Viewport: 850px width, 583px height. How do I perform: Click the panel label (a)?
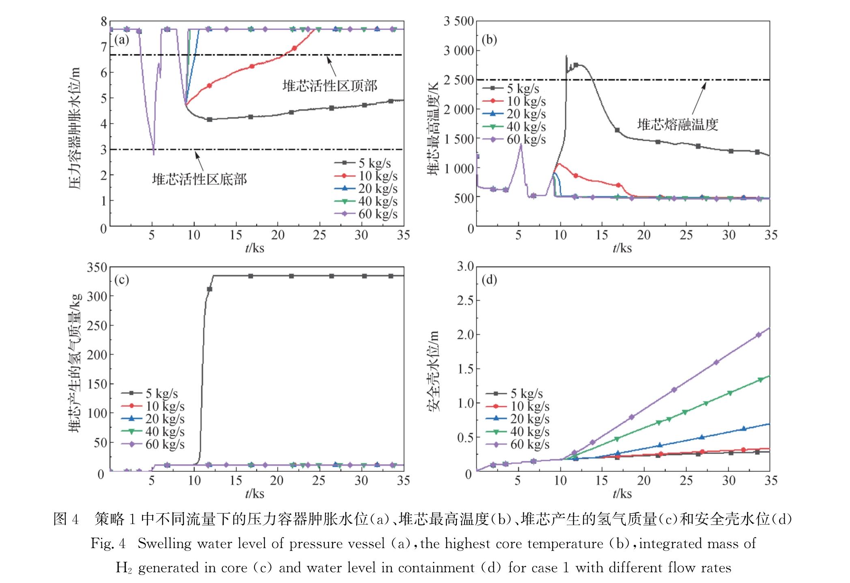[122, 40]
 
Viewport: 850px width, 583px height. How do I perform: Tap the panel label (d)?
[489, 280]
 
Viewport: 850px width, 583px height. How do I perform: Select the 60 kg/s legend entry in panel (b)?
[514, 140]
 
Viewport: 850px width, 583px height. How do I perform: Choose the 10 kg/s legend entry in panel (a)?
[366, 176]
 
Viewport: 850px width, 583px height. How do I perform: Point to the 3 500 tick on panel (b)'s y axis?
[458, 21]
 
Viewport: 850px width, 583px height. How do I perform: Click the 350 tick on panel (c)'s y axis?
[97, 267]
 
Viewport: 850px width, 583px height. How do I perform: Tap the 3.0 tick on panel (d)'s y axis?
[465, 267]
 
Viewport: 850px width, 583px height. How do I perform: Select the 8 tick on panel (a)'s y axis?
[104, 22]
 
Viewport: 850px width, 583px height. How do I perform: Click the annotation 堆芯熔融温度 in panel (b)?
[678, 125]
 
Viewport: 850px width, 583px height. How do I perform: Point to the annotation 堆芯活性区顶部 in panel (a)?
[330, 86]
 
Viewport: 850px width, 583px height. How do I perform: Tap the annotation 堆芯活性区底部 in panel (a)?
[199, 179]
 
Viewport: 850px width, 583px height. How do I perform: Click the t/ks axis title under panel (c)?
[254, 494]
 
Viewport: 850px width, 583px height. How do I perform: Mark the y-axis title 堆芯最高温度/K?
[433, 128]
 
